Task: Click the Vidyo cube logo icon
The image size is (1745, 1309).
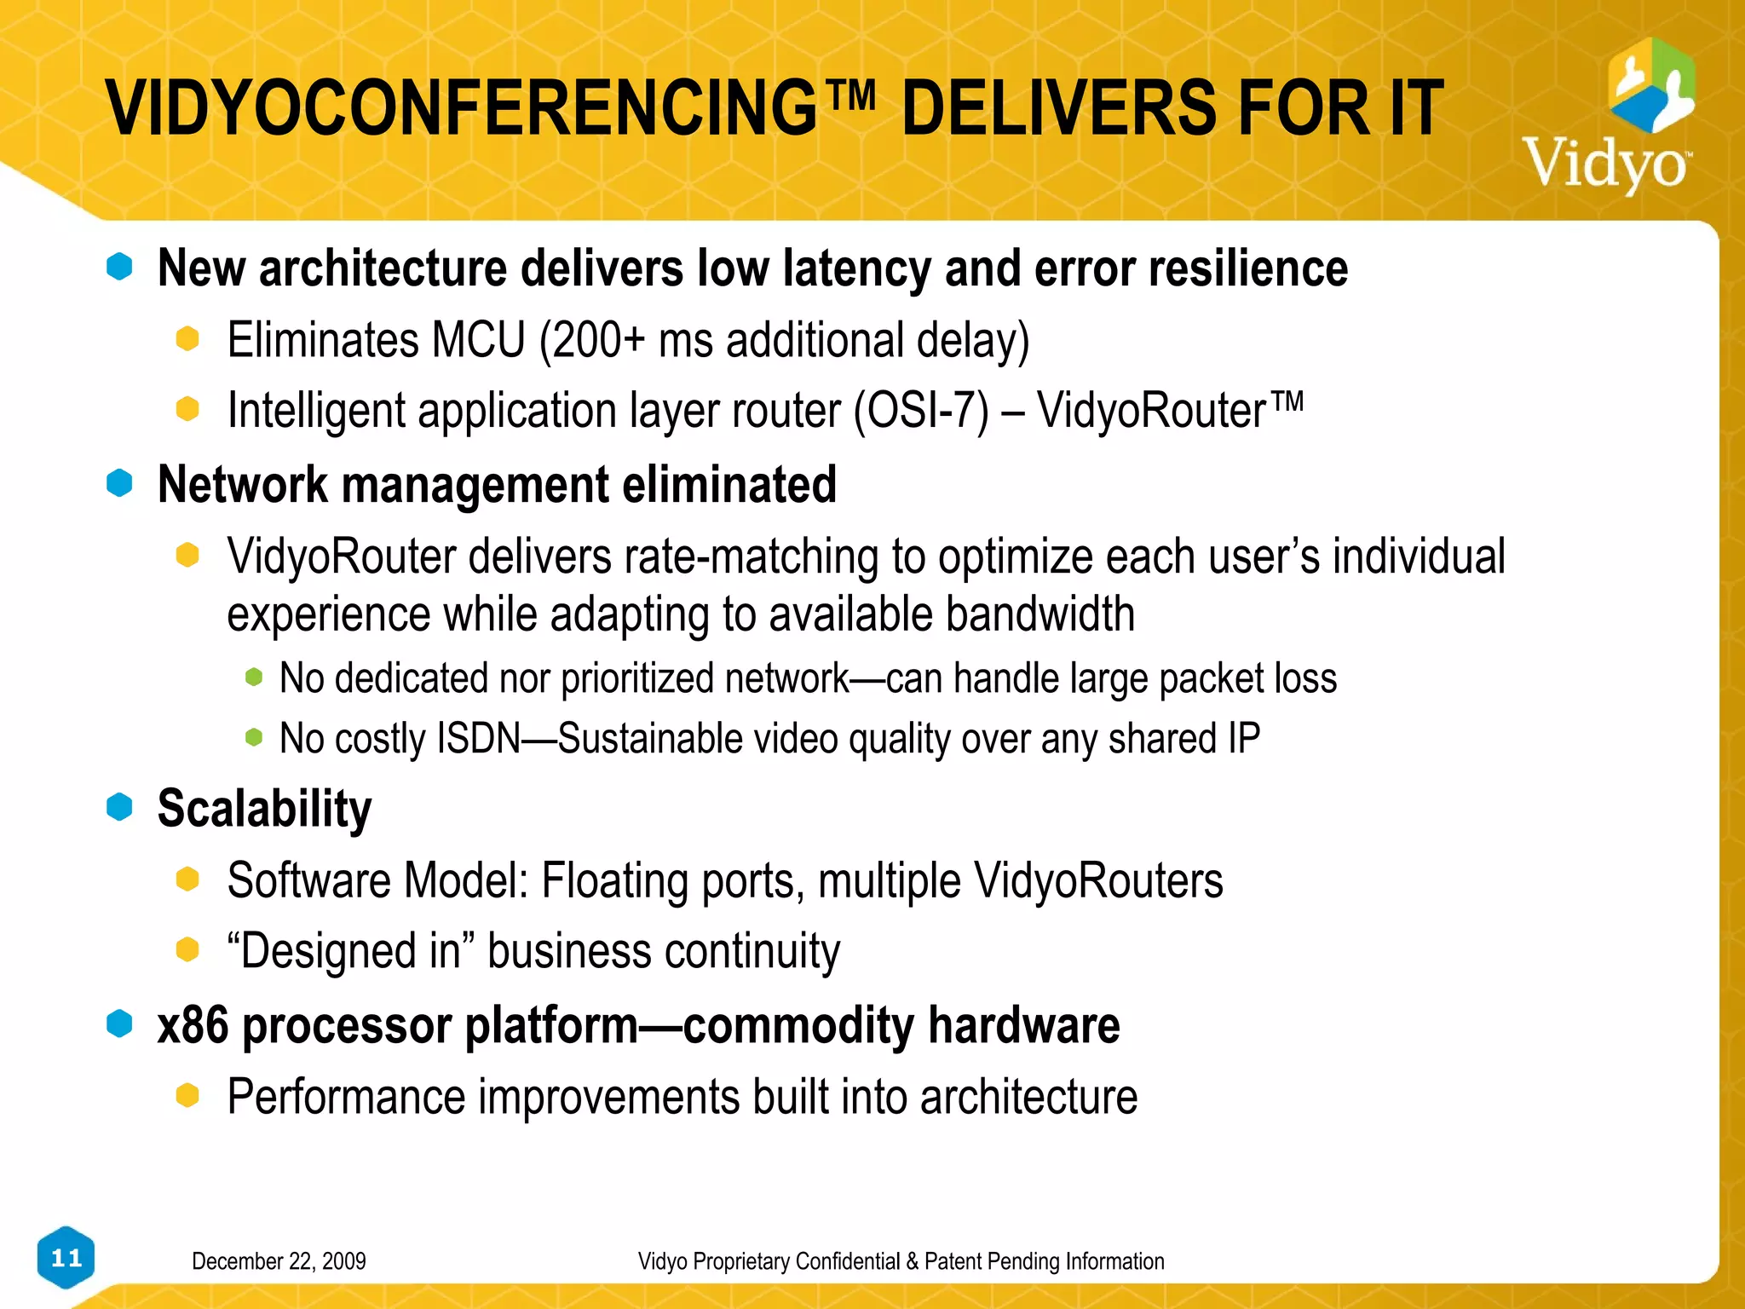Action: tap(1650, 85)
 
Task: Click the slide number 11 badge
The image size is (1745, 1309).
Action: tap(66, 1258)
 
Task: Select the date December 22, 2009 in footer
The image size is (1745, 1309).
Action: tap(279, 1261)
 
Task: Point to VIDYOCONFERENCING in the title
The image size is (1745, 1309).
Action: tap(461, 108)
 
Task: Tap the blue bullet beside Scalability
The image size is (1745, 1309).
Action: tap(120, 806)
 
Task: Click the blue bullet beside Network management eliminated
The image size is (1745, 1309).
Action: tap(120, 483)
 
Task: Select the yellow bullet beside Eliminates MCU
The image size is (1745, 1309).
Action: tap(187, 338)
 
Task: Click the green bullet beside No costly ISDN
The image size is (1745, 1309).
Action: tap(254, 736)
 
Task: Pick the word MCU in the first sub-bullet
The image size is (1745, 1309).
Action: tap(479, 340)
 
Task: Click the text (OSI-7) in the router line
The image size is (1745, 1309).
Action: tap(921, 412)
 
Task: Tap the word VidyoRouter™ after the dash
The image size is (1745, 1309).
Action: tap(1169, 410)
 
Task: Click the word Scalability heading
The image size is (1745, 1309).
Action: tap(264, 809)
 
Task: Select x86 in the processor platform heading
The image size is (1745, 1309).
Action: tap(193, 1025)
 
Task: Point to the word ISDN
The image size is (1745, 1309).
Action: tap(478, 738)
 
